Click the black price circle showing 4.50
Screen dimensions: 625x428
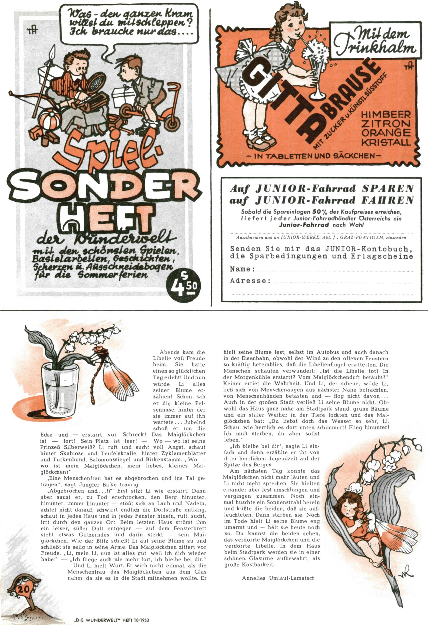point(183,286)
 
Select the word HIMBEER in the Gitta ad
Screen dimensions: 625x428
point(385,115)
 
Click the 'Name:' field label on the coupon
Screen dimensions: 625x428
point(243,269)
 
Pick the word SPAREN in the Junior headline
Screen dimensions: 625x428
point(387,189)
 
